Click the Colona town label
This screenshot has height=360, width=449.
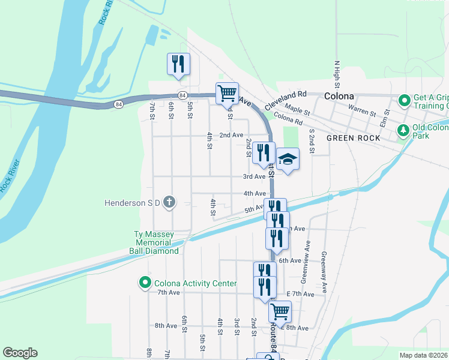339,96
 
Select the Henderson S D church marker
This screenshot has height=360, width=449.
169,202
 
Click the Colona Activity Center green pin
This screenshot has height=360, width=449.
145,283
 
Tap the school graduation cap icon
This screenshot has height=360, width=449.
288,160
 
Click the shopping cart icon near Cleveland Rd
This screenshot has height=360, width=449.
227,93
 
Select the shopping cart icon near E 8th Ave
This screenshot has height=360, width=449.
280,311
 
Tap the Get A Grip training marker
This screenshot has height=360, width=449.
405,100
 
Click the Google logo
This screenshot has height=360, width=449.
20,353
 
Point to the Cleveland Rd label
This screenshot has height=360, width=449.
286,95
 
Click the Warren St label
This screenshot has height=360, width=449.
362,112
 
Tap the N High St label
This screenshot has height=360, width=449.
337,76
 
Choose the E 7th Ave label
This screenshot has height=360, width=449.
300,294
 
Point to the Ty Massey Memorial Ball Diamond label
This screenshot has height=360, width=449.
155,242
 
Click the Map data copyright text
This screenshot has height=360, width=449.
423,355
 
